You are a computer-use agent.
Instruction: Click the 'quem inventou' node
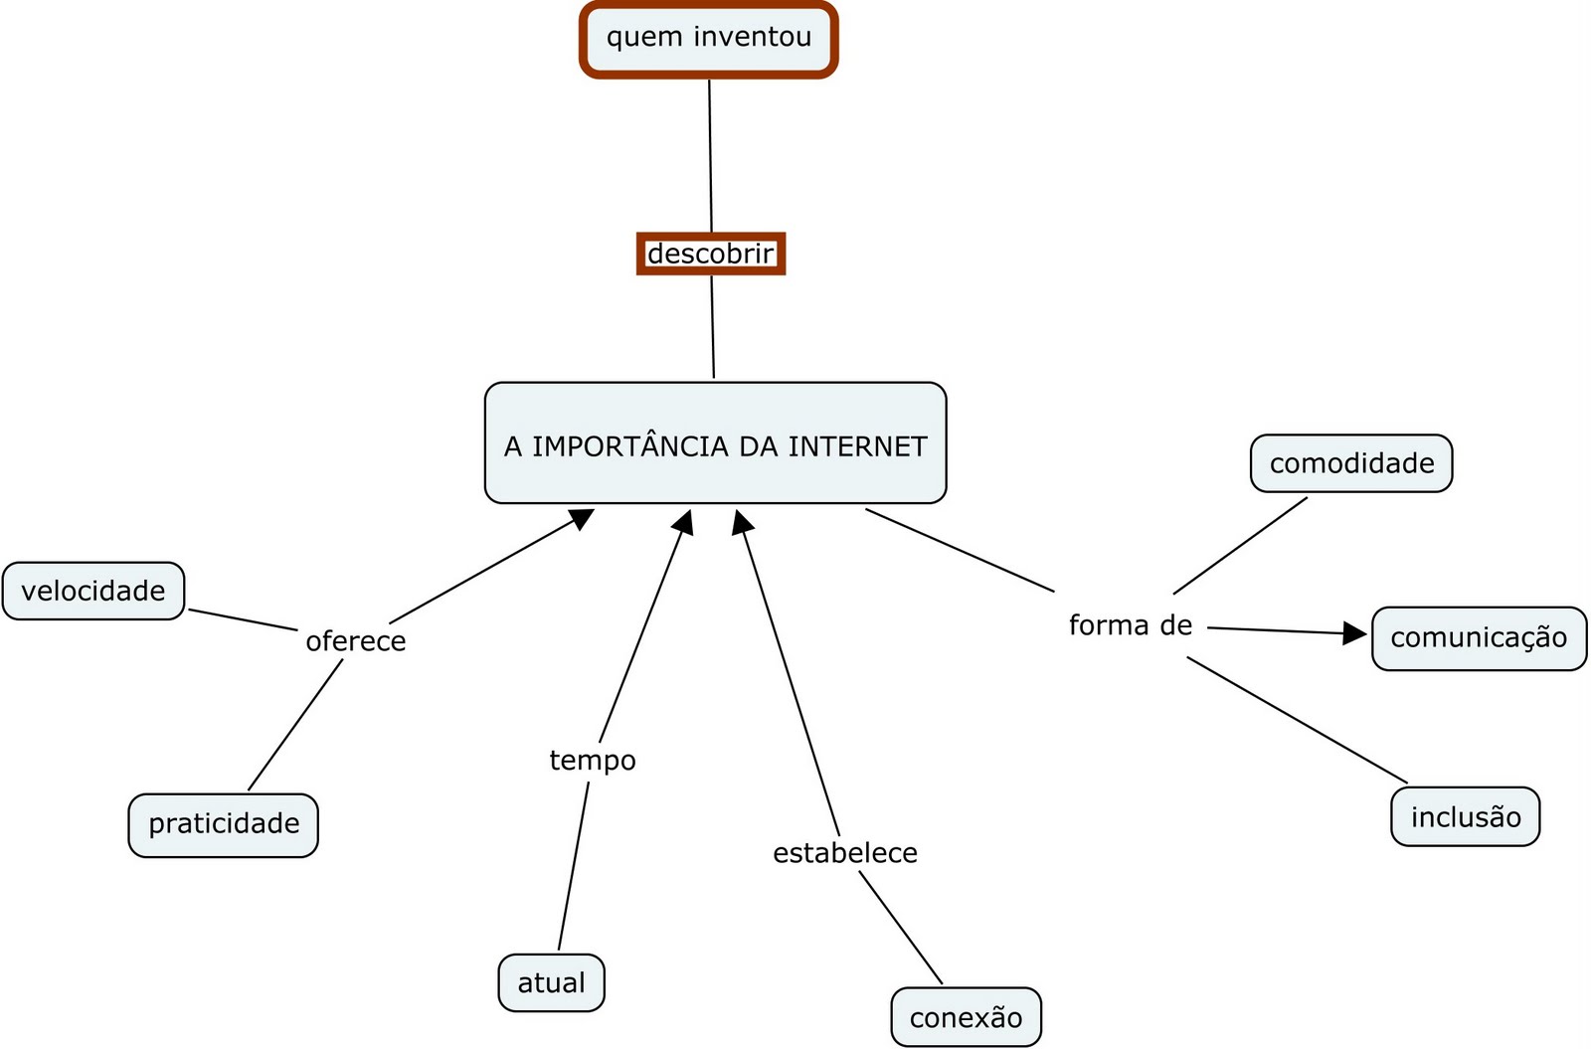coord(708,39)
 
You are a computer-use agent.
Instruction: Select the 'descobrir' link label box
coord(710,254)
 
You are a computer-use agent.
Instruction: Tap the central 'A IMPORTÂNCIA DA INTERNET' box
coord(715,443)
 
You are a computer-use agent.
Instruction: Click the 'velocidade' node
coord(93,591)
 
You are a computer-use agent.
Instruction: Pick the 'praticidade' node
coord(223,824)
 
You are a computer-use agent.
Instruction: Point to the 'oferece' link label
coord(355,641)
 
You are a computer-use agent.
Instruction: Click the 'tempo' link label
coord(593,761)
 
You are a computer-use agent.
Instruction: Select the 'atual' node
coord(551,982)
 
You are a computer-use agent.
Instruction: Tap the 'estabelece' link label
coord(844,853)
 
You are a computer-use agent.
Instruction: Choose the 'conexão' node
coord(966,1017)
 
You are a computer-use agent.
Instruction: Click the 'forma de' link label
coord(1130,625)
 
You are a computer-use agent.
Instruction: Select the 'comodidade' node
coord(1351,463)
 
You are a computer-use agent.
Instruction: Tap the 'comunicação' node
coord(1479,638)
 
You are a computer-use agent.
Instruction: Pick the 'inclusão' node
coord(1465,817)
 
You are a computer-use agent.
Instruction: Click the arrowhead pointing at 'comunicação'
coord(1355,633)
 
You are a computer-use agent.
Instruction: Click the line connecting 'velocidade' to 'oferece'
coord(243,619)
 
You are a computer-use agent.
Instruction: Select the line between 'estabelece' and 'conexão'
coord(900,928)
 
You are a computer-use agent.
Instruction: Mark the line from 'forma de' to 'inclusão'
coord(1297,719)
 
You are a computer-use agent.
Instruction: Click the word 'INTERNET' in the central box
coord(857,446)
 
